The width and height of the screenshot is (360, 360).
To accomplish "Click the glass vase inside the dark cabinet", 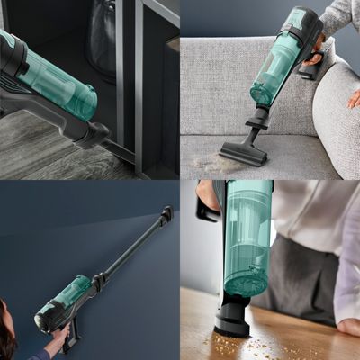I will point(101,40).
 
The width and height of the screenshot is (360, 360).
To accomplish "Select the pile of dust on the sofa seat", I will point(216,166).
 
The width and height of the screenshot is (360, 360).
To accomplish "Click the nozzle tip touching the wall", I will point(166,214).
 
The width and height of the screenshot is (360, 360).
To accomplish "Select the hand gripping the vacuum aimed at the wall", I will point(59,340).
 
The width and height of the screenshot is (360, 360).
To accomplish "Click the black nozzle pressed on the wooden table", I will point(232,319).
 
